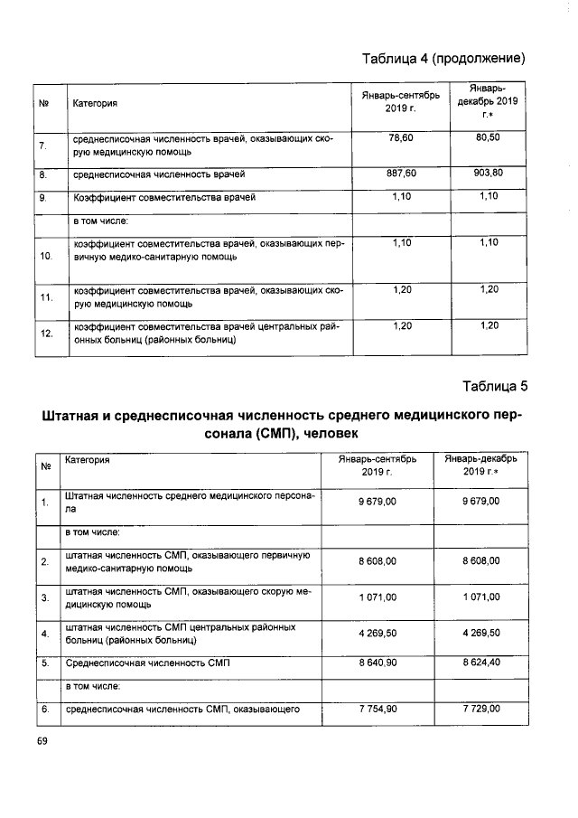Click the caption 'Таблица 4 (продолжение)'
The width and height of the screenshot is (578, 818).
(x=443, y=60)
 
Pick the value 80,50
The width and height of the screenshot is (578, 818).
(x=488, y=137)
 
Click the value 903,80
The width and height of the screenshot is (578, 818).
(x=488, y=172)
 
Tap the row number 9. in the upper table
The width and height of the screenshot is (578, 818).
(x=42, y=196)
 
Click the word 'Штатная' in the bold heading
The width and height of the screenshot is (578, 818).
(x=76, y=417)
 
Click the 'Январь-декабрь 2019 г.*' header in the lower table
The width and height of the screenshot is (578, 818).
(x=480, y=466)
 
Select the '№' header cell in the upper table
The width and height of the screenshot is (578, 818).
(x=42, y=104)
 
